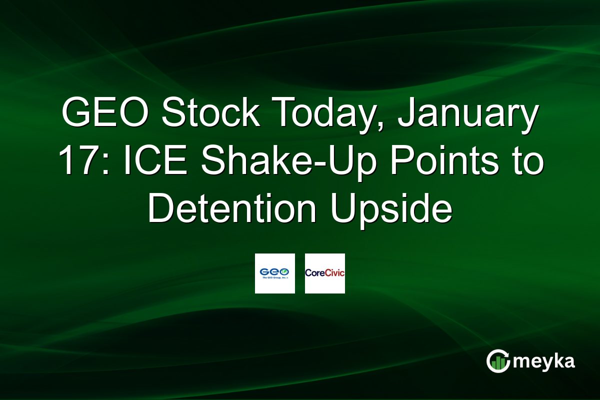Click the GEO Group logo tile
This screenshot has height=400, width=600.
274,273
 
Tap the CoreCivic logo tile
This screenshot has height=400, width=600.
324,273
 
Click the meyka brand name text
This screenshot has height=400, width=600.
545,361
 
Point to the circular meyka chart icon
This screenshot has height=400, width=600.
498,361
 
